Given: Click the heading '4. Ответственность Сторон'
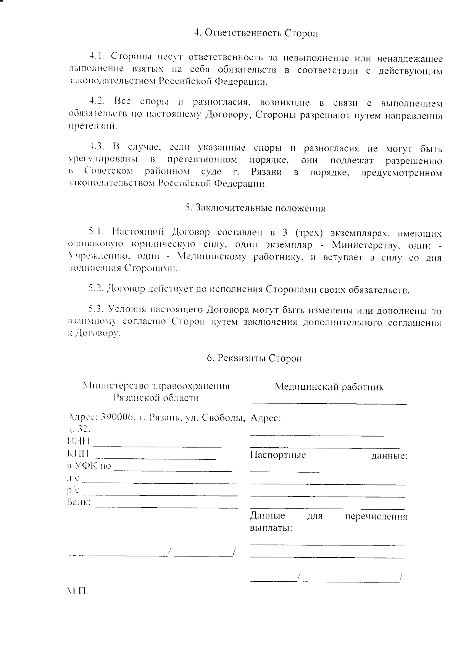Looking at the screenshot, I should point(256,33).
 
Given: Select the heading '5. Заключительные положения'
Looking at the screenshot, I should point(255,208).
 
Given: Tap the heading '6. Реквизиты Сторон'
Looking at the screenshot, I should point(254,358).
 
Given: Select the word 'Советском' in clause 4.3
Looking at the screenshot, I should point(109,172).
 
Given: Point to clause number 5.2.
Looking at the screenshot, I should point(96,289).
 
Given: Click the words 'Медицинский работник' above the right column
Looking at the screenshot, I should point(329,387).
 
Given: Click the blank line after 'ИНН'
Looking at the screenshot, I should point(157,445).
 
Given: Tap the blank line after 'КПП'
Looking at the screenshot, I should point(155,457).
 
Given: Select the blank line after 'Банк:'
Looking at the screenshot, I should point(166,507).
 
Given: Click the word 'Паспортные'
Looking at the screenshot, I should point(278,455).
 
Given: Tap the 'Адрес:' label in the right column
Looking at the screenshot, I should point(266,418).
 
